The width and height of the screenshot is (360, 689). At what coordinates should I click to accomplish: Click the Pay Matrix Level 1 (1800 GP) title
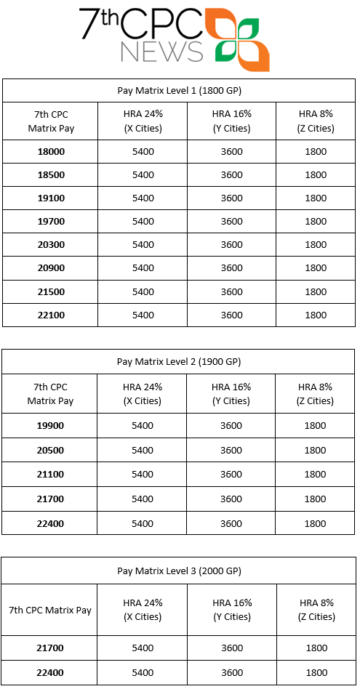point(179,91)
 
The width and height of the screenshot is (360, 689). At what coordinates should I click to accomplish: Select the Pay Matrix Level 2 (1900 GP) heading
point(179,361)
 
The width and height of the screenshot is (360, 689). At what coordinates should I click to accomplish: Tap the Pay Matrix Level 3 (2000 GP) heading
point(179,571)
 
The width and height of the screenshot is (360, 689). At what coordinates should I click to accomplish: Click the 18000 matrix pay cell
point(51,152)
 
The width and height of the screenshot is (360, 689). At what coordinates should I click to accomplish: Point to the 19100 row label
point(51,198)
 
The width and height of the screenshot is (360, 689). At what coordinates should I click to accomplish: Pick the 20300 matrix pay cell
point(51,245)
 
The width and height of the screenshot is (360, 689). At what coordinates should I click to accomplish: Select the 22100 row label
point(51,315)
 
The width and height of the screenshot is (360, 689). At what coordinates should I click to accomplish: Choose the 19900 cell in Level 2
point(50,426)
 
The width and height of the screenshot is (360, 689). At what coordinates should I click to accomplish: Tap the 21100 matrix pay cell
point(50,475)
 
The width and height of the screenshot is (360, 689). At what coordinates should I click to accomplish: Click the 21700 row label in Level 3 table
point(50,648)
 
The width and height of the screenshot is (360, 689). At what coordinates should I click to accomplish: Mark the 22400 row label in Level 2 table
point(50,523)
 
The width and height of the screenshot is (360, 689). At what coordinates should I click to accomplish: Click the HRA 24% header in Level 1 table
point(143,121)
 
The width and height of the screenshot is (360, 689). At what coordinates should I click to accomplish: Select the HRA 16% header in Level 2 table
point(231,394)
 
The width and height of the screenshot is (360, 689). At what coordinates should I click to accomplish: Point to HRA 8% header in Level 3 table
point(316,610)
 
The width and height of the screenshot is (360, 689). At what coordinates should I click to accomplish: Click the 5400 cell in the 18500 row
point(143,175)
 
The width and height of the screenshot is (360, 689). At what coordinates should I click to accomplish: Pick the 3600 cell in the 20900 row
point(231,268)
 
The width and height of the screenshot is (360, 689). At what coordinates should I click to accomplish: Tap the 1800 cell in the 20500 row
point(316,451)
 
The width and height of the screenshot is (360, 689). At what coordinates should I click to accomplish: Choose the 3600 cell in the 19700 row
point(231,222)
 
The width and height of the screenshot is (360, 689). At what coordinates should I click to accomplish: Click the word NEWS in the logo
point(161,52)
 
